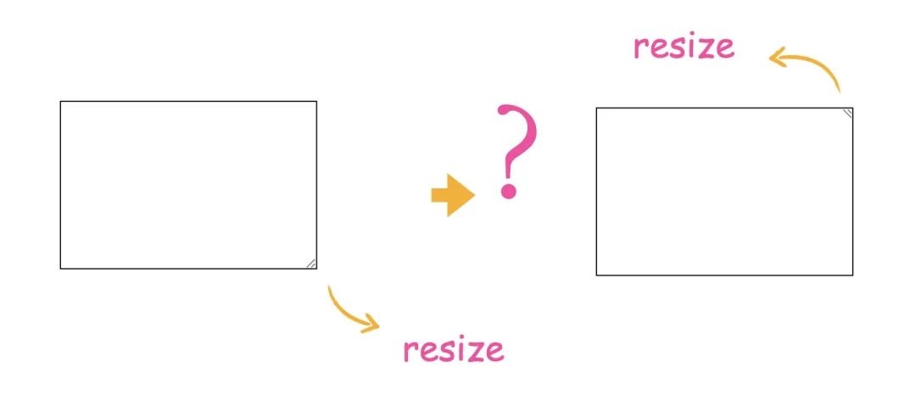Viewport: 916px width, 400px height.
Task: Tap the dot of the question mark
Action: tap(509, 190)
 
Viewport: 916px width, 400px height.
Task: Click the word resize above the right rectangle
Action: tap(684, 46)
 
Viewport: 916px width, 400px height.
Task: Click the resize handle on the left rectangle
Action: tap(311, 264)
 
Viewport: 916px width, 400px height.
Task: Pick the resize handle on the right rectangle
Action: tap(847, 113)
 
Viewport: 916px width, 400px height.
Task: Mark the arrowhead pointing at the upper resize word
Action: tap(777, 56)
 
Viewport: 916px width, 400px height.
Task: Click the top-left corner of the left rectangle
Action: tap(60, 102)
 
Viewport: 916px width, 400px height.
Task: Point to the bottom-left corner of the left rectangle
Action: tap(60, 269)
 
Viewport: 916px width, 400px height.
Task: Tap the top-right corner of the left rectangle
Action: tap(316, 102)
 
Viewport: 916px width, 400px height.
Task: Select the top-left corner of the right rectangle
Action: tap(596, 108)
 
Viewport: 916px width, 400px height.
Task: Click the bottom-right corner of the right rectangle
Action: tap(852, 275)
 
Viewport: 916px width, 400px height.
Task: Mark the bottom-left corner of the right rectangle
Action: tap(596, 275)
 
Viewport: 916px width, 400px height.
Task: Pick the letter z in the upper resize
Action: tap(700, 47)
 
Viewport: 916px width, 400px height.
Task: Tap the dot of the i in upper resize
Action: tap(684, 36)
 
